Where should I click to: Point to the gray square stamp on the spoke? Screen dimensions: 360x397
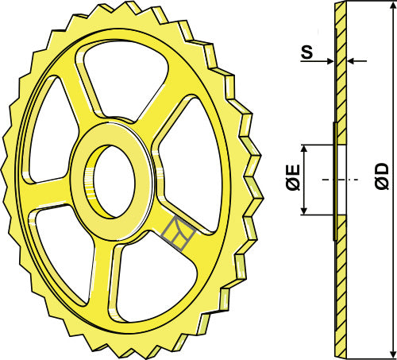coord(177,233)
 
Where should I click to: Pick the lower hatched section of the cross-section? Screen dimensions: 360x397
coord(340,286)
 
